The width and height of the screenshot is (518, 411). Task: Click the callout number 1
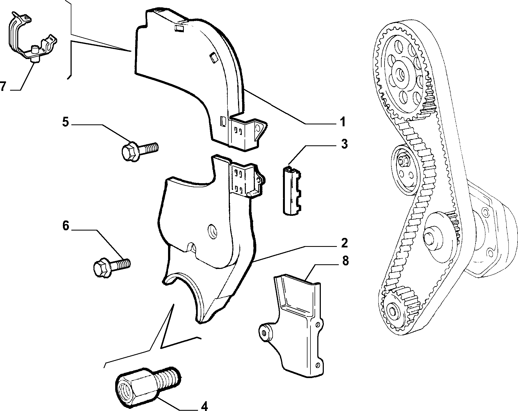click(x=342, y=122)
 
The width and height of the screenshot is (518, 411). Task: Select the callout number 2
click(x=344, y=243)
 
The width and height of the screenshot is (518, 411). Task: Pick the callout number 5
click(x=65, y=122)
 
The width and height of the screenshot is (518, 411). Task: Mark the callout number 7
click(x=3, y=86)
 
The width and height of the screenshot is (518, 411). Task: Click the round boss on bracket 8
click(x=265, y=333)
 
